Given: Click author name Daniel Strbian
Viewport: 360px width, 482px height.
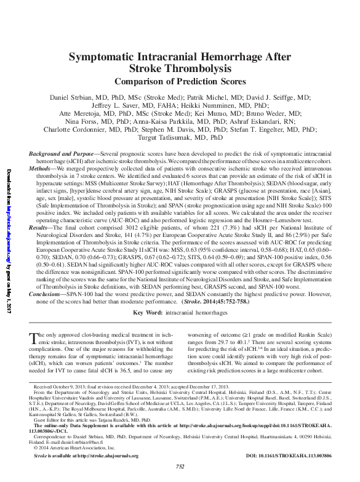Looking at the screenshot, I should pos(77,97).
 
